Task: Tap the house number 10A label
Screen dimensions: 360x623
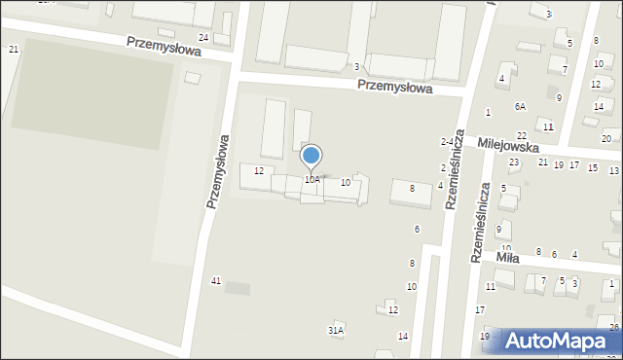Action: pyautogui.click(x=311, y=180)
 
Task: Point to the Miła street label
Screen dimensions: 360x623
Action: pyautogui.click(x=507, y=259)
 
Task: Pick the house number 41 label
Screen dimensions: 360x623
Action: pyautogui.click(x=216, y=280)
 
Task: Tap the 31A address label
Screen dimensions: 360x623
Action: pyautogui.click(x=335, y=331)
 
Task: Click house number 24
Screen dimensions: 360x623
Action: pyautogui.click(x=203, y=37)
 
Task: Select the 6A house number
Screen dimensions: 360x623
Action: pyautogui.click(x=521, y=106)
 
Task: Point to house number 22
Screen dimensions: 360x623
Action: pyautogui.click(x=522, y=135)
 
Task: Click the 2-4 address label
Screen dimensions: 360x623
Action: pyautogui.click(x=449, y=142)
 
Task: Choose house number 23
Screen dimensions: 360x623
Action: pyautogui.click(x=515, y=162)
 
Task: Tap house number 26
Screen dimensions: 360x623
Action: pyautogui.click(x=613, y=326)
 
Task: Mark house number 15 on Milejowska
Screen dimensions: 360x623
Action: pyautogui.click(x=592, y=168)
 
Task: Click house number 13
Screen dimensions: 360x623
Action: pyautogui.click(x=613, y=171)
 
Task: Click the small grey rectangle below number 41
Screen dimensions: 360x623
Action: pyautogui.click(x=237, y=288)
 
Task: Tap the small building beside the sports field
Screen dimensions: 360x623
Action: pyautogui.click(x=193, y=77)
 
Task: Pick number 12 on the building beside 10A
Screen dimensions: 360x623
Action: pyautogui.click(x=259, y=171)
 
